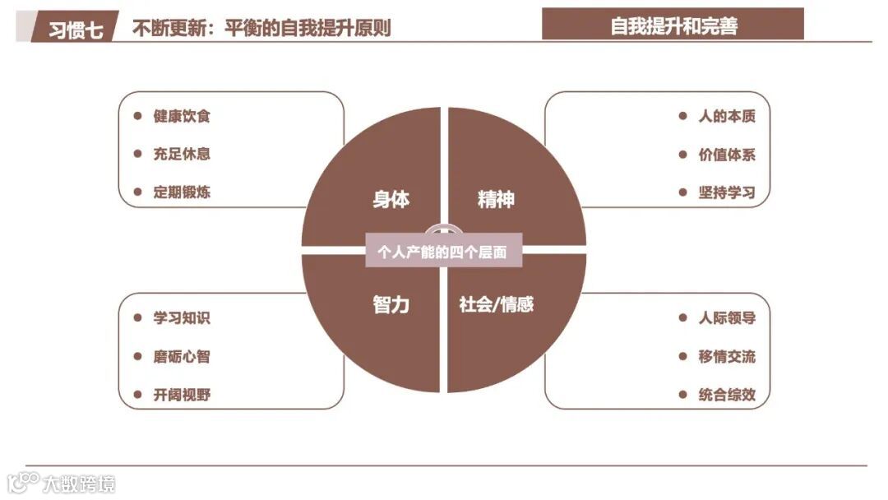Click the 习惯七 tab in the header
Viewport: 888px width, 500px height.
(76, 30)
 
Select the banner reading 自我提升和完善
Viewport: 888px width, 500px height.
(673, 25)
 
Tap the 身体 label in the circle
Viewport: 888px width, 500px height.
(391, 200)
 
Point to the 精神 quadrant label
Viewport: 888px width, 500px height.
(496, 200)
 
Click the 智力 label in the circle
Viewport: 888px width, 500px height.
(391, 305)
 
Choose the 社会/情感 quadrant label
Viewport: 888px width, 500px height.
(496, 305)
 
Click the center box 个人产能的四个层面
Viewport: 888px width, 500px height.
(443, 252)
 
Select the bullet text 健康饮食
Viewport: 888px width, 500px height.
(182, 116)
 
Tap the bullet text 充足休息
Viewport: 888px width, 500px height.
(182, 154)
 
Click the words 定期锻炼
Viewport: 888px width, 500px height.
(182, 192)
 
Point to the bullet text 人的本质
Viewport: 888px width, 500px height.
(726, 116)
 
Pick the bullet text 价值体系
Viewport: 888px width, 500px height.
(726, 155)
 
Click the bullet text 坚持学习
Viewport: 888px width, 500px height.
(726, 193)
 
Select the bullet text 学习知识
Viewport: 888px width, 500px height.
(182, 318)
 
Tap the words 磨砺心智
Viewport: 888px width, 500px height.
(182, 357)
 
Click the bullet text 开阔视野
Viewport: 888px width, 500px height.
(182, 395)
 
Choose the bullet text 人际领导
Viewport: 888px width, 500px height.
(726, 318)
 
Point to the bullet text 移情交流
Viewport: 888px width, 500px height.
(726, 357)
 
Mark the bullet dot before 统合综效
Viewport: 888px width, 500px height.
(682, 395)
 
